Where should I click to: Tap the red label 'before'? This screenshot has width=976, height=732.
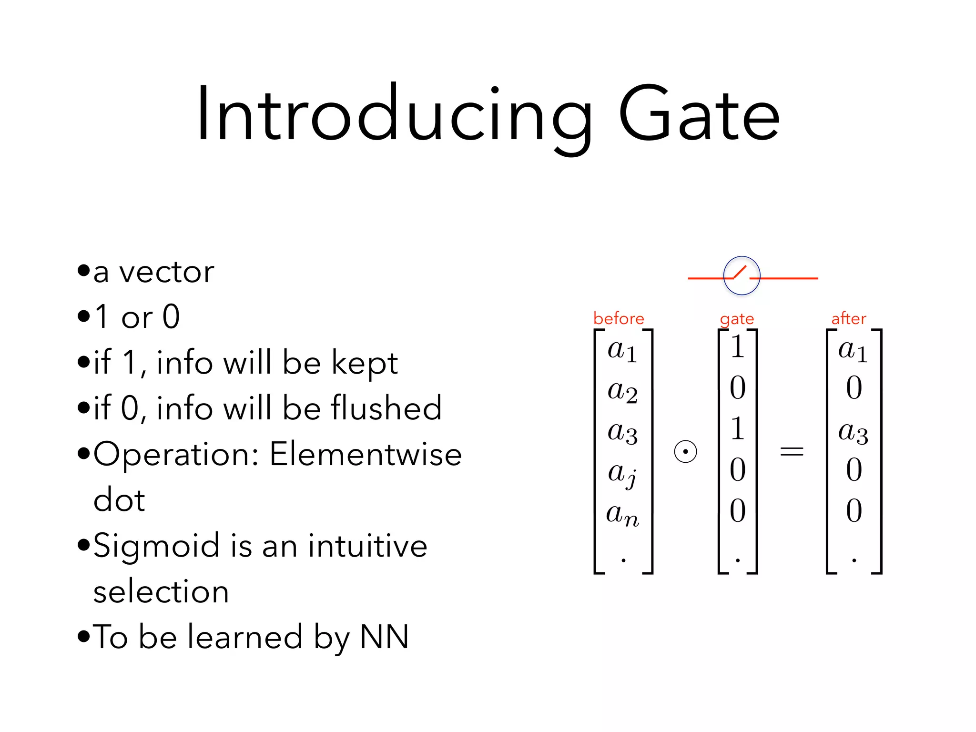click(x=618, y=318)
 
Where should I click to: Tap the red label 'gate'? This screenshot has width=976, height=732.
click(x=737, y=319)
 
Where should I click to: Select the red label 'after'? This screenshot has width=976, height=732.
click(x=848, y=318)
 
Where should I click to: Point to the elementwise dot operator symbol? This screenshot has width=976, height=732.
click(x=685, y=451)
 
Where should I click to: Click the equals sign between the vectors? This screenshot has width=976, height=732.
click(x=792, y=451)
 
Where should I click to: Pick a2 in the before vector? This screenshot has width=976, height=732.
click(x=622, y=392)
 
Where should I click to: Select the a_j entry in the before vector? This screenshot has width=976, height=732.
click(x=622, y=474)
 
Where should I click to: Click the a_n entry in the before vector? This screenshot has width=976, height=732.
click(x=622, y=515)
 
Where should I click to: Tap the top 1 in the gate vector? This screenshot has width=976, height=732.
click(x=737, y=346)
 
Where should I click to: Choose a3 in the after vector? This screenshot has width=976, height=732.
click(x=853, y=433)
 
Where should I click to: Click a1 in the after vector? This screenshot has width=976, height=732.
click(x=853, y=351)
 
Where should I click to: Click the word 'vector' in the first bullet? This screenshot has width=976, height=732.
click(x=166, y=273)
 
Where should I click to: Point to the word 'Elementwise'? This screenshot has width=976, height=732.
click(x=366, y=454)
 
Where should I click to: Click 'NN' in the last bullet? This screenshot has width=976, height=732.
click(x=384, y=637)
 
